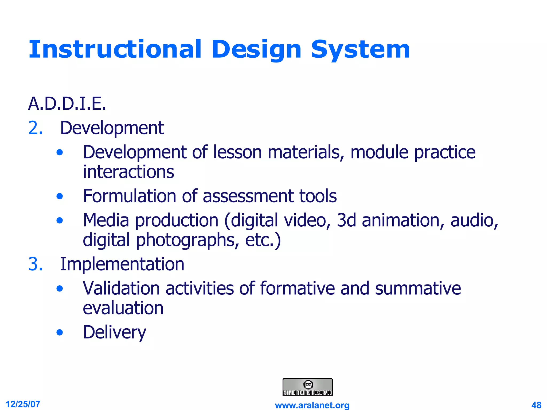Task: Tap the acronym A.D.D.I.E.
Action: (67, 104)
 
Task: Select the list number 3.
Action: (36, 264)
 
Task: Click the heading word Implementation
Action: (122, 264)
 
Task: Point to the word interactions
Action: (128, 172)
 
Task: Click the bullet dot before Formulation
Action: (60, 196)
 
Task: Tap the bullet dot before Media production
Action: (60, 220)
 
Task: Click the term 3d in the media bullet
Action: (346, 220)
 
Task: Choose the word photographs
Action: (186, 240)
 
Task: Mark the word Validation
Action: (121, 288)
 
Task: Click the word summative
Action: (418, 288)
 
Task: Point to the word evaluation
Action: (123, 308)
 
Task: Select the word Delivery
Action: (114, 332)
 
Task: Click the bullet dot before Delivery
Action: (60, 333)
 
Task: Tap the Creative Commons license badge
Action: (307, 387)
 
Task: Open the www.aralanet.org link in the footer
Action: (312, 405)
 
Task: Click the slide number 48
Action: (536, 405)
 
